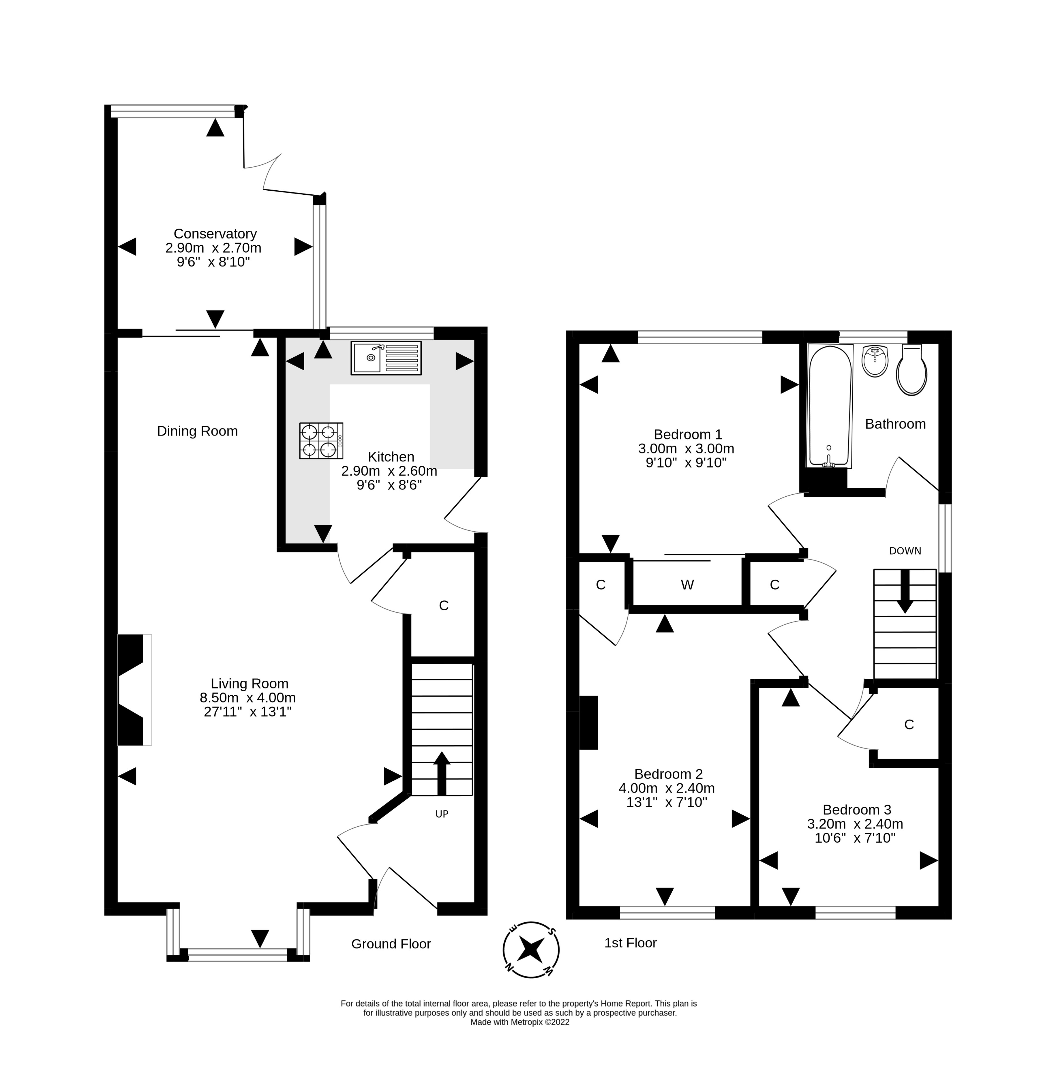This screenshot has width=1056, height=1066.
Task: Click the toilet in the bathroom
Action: tap(911, 369)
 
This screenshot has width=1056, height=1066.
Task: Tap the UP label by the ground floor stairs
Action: tap(442, 814)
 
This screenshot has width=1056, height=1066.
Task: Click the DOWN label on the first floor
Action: tap(905, 551)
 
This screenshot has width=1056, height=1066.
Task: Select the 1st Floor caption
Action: tap(630, 943)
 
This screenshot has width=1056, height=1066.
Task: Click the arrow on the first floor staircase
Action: tap(905, 591)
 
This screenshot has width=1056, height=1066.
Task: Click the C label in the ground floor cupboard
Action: tap(444, 606)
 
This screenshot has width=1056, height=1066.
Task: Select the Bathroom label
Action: tap(895, 424)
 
